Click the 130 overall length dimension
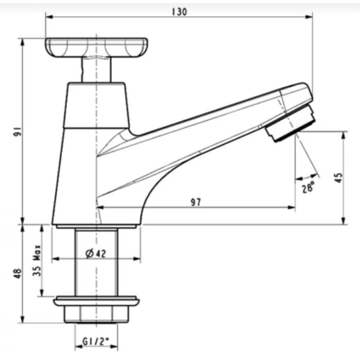179,12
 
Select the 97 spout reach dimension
196,202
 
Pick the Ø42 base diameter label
95,254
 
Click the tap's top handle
96,47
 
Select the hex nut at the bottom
96,315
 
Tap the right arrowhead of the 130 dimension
309,17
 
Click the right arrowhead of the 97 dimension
292,207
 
